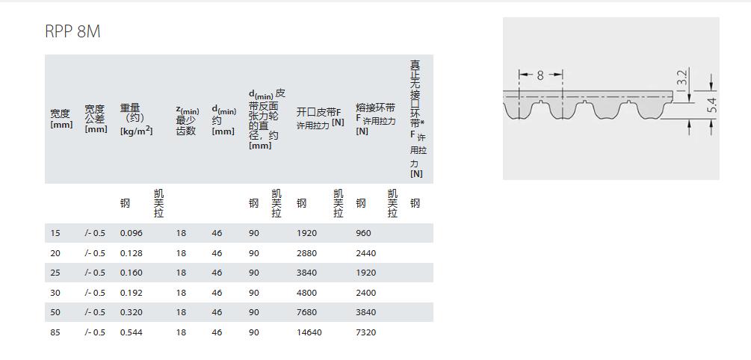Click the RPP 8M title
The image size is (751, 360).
click(72, 31)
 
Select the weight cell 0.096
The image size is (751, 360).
click(132, 233)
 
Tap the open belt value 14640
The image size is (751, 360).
click(309, 332)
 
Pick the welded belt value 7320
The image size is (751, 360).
click(366, 332)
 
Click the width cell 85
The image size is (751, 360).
click(55, 332)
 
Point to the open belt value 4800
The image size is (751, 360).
click(306, 293)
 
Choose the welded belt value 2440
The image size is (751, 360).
click(366, 253)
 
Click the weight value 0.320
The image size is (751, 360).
click(132, 312)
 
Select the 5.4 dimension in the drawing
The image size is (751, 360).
click(711, 105)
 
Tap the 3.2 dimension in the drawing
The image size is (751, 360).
click(682, 78)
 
